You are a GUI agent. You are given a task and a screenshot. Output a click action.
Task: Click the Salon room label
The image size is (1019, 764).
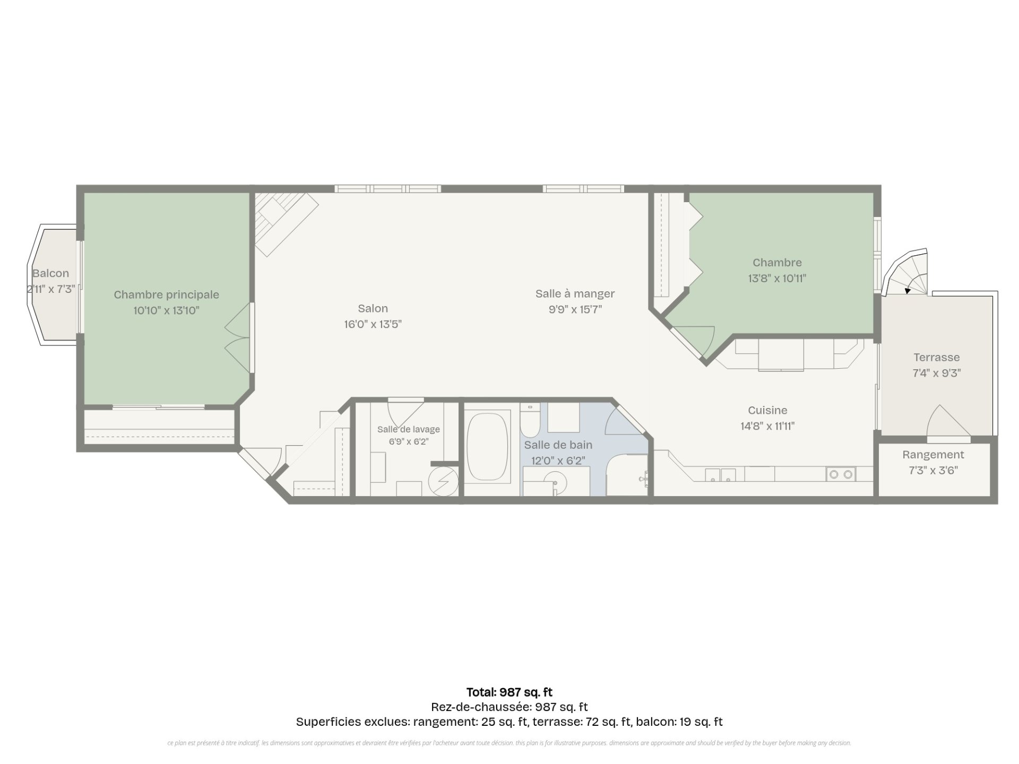coord(373,308)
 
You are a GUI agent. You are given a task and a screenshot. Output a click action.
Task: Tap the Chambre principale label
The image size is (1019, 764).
coord(166,294)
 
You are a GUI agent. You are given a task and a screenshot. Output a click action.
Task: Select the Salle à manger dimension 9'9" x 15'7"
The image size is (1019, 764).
coord(575,309)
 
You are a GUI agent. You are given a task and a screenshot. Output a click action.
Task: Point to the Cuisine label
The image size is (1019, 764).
coord(767,410)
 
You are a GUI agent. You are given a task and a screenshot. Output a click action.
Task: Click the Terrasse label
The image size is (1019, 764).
coord(937,358)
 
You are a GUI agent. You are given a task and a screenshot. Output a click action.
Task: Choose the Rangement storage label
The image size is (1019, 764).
coord(933,455)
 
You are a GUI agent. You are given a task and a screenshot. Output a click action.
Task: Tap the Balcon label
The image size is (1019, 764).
coord(50,273)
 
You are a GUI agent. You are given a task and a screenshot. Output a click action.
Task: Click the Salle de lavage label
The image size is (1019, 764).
coord(409,429)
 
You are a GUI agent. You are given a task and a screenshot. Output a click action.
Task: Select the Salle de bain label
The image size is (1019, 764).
coord(558,445)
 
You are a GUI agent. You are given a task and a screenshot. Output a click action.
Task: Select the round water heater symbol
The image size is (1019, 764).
coord(444,481)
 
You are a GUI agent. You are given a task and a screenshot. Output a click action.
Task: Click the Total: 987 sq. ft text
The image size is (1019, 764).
coord(509,692)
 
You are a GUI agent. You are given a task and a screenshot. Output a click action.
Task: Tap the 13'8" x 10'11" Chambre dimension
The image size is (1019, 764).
coord(777,278)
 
